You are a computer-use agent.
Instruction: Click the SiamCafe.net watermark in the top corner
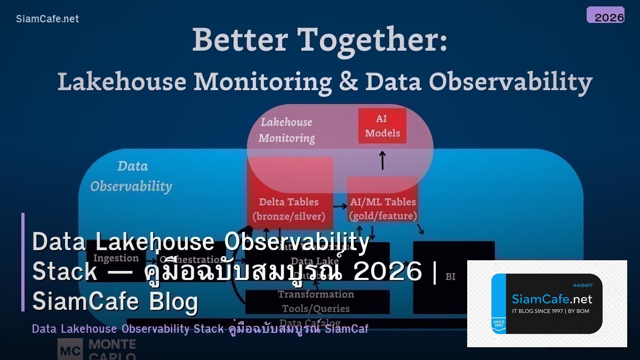47,19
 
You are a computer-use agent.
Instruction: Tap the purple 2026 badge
605,15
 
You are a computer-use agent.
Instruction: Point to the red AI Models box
382,126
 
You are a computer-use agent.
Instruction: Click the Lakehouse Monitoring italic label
286,130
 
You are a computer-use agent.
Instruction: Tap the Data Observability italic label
131,176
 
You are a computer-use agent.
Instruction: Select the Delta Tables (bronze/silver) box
290,208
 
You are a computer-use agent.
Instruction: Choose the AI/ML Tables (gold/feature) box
382,208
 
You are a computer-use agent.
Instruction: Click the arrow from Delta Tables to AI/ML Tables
340,206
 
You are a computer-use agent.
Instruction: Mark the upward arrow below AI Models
382,160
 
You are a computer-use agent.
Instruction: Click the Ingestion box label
116,258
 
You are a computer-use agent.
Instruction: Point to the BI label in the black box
450,276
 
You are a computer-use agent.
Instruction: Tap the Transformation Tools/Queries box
316,301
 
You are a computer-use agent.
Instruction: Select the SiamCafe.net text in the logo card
551,299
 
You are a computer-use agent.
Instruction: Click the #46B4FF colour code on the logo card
583,285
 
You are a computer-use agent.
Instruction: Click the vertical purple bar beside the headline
23,262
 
